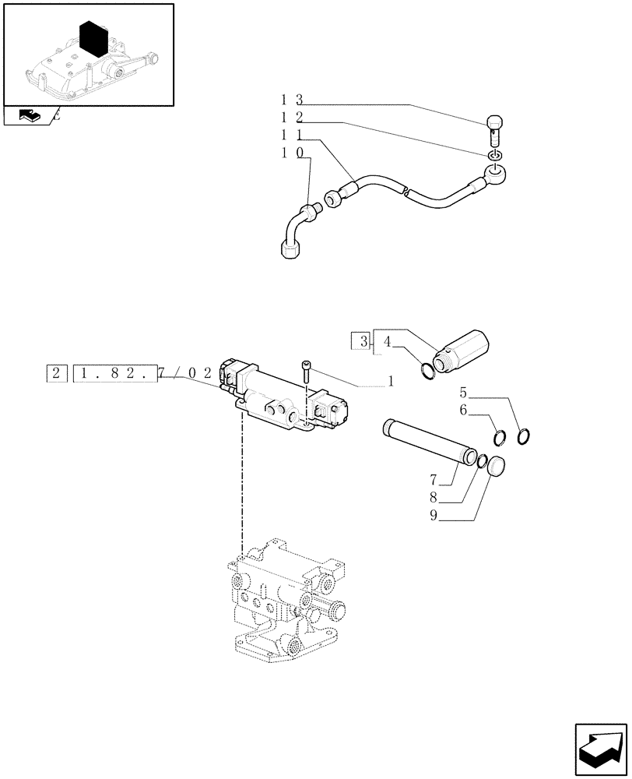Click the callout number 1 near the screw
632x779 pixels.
390,382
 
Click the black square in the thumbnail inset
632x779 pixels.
96,40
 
